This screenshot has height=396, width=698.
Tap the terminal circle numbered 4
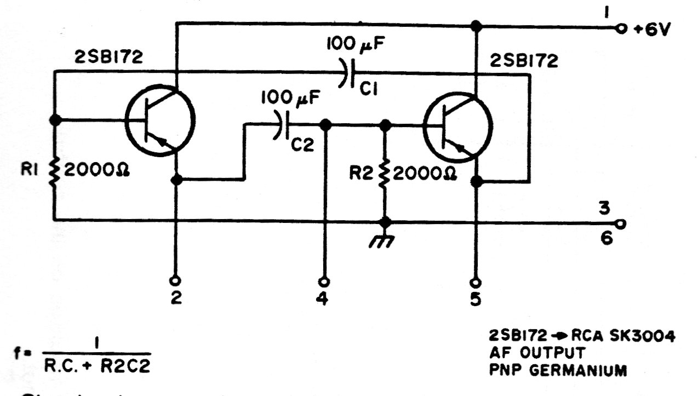coord(324,282)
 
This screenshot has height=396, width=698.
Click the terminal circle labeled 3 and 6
coord(621,223)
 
